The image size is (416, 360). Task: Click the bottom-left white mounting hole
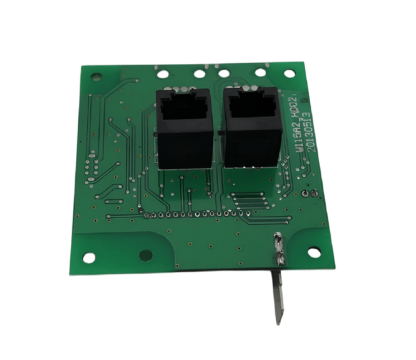coord(89,257)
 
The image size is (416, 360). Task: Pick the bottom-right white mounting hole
coord(314,252)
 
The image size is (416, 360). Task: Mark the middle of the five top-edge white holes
coord(224,72)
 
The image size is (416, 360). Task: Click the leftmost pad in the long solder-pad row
coord(145,214)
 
